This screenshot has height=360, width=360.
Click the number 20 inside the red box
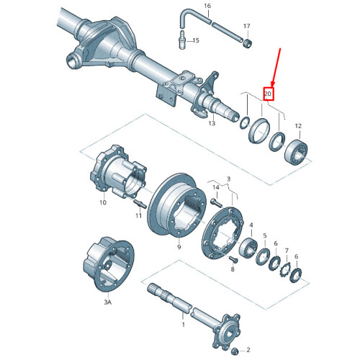pos(268,94)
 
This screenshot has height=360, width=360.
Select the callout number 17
pos(247,26)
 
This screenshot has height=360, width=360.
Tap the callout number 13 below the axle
pos(212,123)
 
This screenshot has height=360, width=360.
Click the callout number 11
pos(102,203)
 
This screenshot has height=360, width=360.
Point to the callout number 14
pos(215,187)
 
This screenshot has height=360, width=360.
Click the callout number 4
pos(251,225)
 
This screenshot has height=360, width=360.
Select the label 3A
pos(107,303)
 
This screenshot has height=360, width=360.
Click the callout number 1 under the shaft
pos(183,325)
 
